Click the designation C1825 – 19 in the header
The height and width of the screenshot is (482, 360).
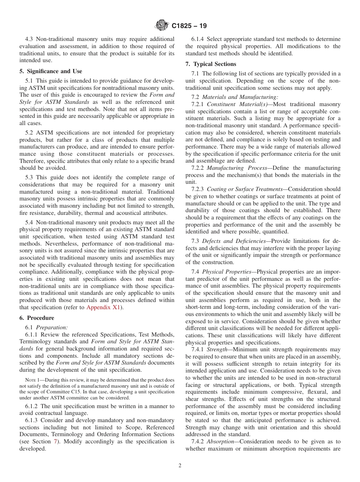(189, 26)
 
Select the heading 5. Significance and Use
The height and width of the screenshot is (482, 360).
(50, 71)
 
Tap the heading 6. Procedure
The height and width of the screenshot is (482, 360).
(37, 318)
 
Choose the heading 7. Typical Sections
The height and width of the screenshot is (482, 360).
(211, 64)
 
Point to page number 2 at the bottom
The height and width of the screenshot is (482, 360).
(180, 466)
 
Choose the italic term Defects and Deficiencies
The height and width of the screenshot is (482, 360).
(233, 241)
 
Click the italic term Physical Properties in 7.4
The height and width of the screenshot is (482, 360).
(227, 272)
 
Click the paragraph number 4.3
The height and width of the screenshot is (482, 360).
(30, 39)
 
